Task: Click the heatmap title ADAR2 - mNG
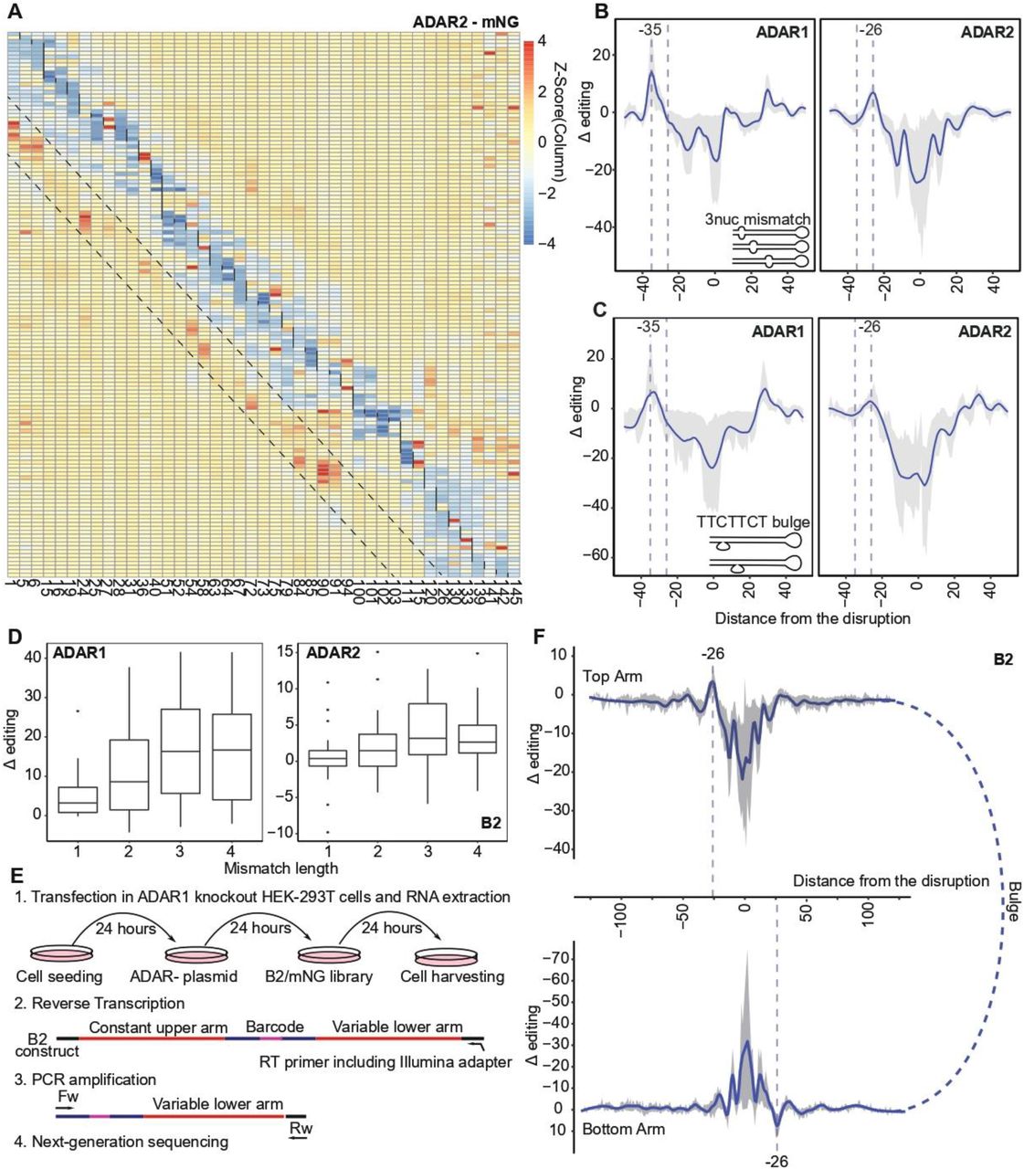472,21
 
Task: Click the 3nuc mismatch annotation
756,219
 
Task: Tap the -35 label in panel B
649,30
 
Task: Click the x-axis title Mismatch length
280,868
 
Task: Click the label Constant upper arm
158,1027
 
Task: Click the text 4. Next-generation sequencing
121,1141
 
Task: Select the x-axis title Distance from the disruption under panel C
812,618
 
